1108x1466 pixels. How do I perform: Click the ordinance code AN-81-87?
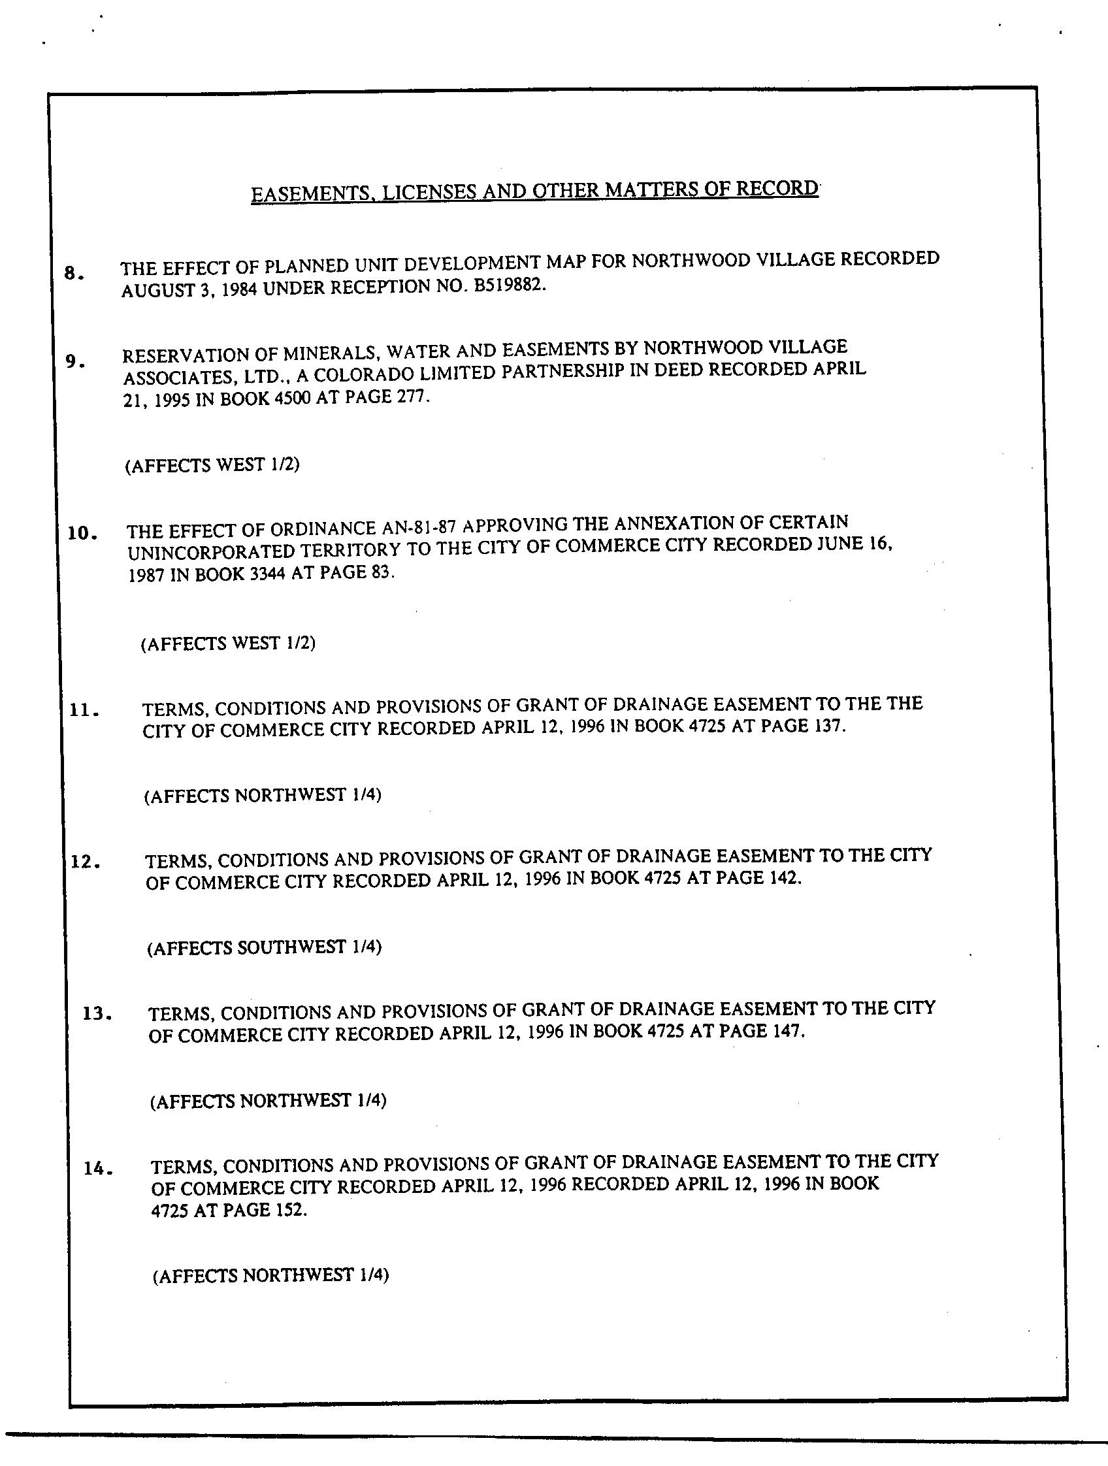point(418,528)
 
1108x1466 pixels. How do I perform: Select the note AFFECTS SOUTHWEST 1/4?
point(265,947)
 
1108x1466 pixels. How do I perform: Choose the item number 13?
point(97,1014)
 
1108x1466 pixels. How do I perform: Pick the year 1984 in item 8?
point(238,289)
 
